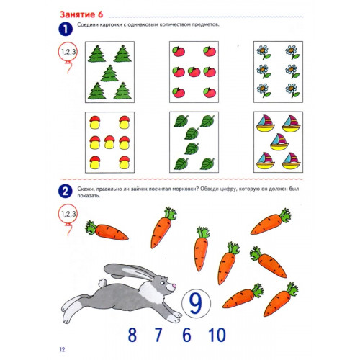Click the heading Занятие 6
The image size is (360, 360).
pyautogui.click(x=81, y=14)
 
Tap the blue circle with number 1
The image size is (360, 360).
pyautogui.click(x=66, y=30)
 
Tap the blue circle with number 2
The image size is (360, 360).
pyautogui.click(x=66, y=192)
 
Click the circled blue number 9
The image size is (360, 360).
pyautogui.click(x=196, y=303)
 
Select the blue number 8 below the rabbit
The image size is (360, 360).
pyautogui.click(x=132, y=335)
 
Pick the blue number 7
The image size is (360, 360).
pyautogui.click(x=158, y=335)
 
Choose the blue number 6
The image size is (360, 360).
pyautogui.click(x=186, y=335)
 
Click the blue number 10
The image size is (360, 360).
pyautogui.click(x=217, y=335)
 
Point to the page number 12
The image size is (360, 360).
pyautogui.click(x=62, y=349)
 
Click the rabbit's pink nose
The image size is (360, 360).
pyautogui.click(x=174, y=286)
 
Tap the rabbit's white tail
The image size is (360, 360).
pyautogui.click(x=102, y=283)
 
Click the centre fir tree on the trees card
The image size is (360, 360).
pyautogui.click(x=109, y=73)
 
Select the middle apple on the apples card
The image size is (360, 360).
pyautogui.click(x=194, y=72)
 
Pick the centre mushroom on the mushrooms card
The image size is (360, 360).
pyautogui.click(x=109, y=142)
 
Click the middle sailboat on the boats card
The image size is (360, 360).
pyautogui.click(x=279, y=142)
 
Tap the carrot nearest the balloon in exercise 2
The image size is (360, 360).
pyautogui.click(x=107, y=230)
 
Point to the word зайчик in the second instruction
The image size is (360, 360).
pyautogui.click(x=139, y=189)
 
